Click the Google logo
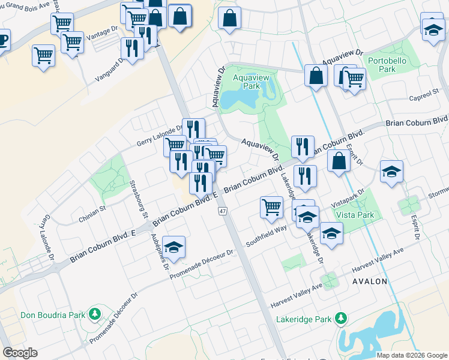(x=20, y=353)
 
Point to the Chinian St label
(x=92, y=215)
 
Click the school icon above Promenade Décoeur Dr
(x=173, y=248)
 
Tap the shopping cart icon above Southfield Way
(x=271, y=208)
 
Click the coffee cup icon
(x=2, y=41)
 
